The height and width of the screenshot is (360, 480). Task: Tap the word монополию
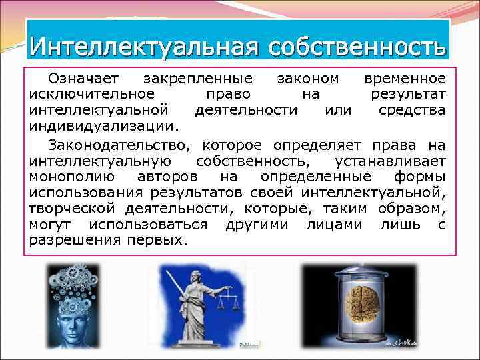73,177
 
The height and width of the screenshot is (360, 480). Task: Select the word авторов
167,177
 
